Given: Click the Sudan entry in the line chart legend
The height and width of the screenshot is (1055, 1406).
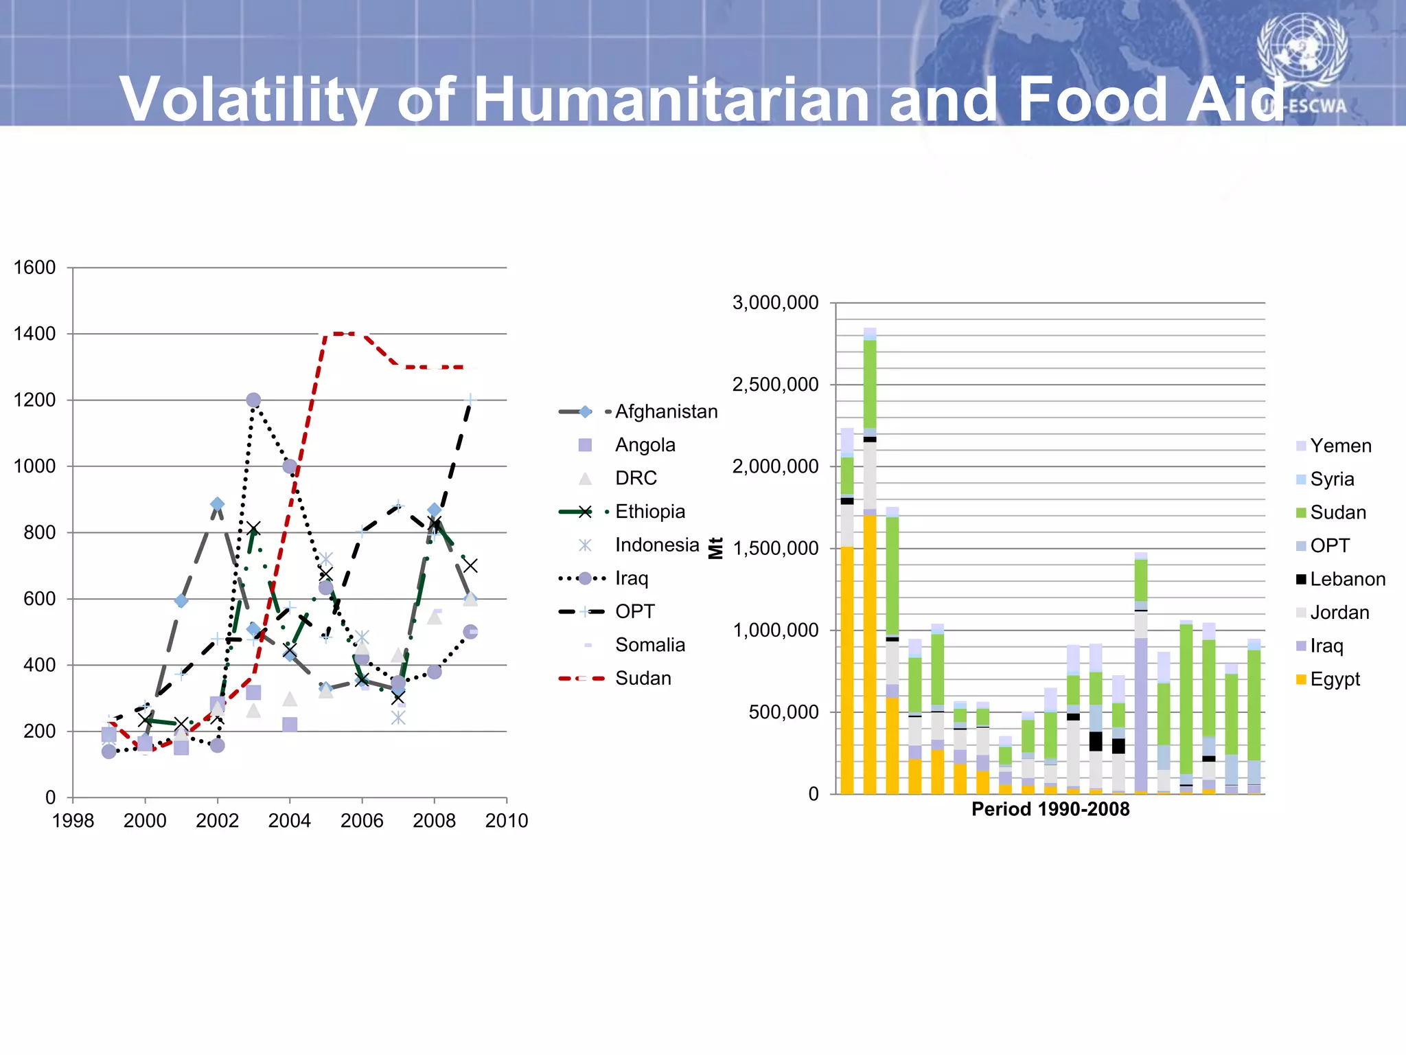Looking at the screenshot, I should click(643, 679).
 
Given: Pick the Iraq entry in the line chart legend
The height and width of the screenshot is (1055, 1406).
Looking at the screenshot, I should click(631, 578).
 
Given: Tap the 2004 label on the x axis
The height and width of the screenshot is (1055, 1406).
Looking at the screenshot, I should click(289, 821).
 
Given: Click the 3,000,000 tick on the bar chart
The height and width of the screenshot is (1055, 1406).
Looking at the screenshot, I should click(775, 303).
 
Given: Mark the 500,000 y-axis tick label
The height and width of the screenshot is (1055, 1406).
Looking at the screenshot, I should click(783, 712).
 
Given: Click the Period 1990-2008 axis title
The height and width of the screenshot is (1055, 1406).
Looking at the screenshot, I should click(1050, 809).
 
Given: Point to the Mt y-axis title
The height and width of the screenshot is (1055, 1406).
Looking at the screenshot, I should click(716, 548).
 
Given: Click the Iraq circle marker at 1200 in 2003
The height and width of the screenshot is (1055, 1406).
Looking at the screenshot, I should click(253, 400).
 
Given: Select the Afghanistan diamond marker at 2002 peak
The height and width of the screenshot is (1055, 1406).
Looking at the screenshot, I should click(217, 504).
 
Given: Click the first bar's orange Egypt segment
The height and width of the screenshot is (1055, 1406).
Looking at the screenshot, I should click(847, 670).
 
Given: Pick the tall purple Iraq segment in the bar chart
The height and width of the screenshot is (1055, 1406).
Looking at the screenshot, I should click(1140, 714).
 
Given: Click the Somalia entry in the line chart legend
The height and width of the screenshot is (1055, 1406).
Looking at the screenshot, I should click(649, 645).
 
